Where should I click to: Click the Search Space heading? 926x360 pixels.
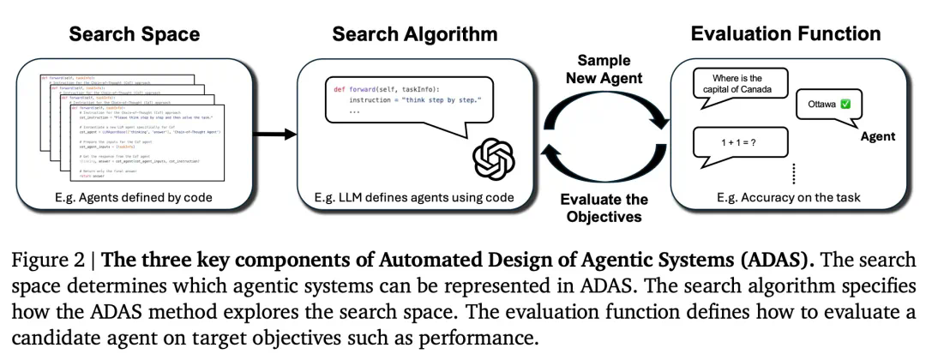(134, 35)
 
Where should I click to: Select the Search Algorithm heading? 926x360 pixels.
(415, 35)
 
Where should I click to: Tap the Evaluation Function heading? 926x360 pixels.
(785, 34)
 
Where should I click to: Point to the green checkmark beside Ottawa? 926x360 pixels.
(846, 105)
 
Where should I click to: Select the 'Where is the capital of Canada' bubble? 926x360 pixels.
(738, 82)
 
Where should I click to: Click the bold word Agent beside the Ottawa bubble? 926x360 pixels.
(877, 136)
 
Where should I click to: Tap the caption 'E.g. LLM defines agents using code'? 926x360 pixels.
(415, 199)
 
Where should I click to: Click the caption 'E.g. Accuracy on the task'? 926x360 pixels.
(787, 198)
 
